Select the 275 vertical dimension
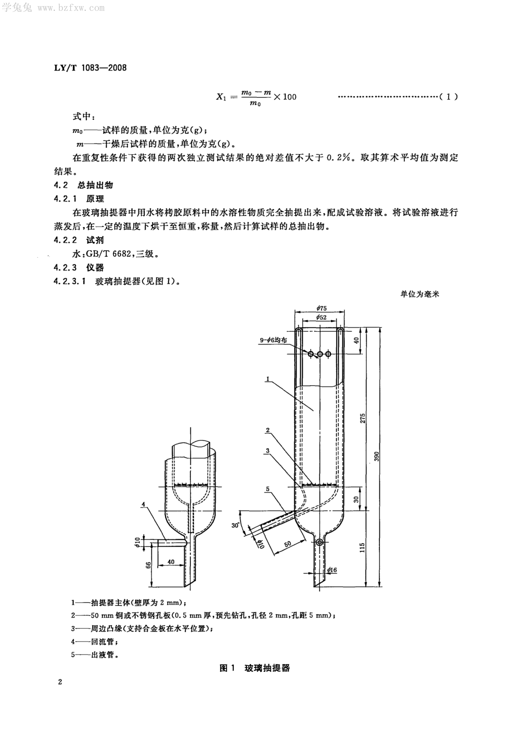coord(362,418)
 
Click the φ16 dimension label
coord(332,570)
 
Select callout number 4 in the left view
coord(143,504)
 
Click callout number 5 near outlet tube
coord(268,489)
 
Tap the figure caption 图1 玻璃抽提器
coord(255,668)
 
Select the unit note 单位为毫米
coord(420,294)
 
